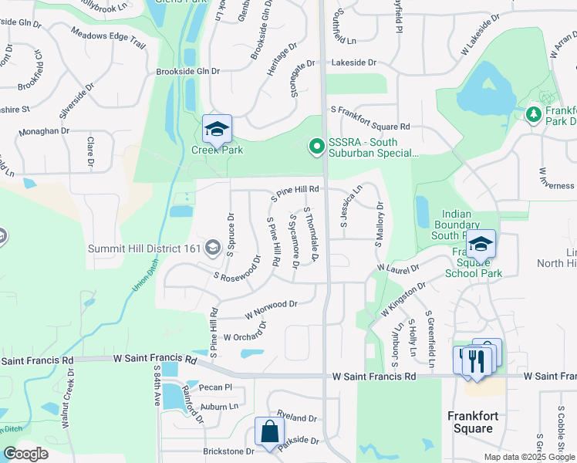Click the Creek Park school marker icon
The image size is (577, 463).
point(217,129)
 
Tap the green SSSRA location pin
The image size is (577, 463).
point(315,145)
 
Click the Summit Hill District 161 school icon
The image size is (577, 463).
point(214,248)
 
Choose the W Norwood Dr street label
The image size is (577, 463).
point(271,309)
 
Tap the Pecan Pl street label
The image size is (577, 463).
point(216,387)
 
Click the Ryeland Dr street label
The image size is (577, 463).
point(297,415)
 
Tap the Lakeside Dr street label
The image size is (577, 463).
point(354,63)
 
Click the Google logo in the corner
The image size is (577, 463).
point(25,454)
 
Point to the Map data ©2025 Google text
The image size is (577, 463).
point(528,457)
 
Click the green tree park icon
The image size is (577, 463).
point(532,114)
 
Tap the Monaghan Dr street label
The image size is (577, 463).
point(44,131)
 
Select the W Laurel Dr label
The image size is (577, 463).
point(397,268)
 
